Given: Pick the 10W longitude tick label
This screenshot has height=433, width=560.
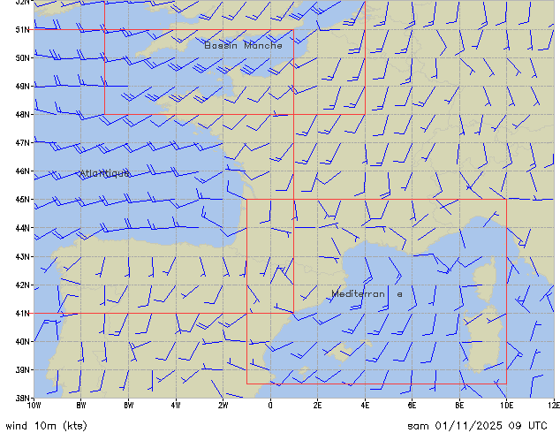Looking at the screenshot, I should (34, 406).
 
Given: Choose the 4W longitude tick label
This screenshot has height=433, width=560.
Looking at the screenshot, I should (176, 406).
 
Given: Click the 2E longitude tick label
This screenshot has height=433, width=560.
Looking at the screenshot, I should (318, 406).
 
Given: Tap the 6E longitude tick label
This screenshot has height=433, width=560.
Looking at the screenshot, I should (412, 406).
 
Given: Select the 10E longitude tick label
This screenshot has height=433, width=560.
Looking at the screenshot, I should (506, 406).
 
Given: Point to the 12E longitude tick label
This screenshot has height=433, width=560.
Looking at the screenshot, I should (553, 406).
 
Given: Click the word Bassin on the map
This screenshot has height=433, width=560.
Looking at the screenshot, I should (221, 44).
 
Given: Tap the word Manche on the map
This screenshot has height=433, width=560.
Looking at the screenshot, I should (263, 44).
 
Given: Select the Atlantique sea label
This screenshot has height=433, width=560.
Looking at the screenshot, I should (104, 173).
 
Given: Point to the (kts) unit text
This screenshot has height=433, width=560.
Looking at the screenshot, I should (72, 425).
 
